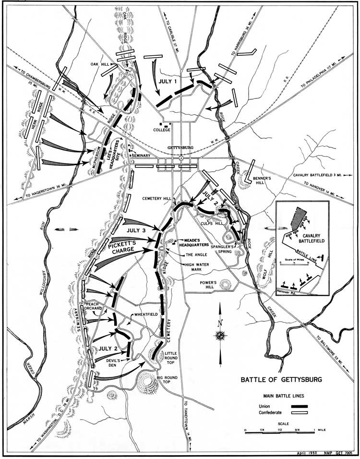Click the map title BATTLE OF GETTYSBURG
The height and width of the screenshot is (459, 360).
click(x=281, y=380)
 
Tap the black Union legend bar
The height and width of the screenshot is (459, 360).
click(x=299, y=406)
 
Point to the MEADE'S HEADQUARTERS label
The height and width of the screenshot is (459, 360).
click(x=195, y=243)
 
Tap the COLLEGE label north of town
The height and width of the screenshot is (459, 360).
click(x=162, y=129)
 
